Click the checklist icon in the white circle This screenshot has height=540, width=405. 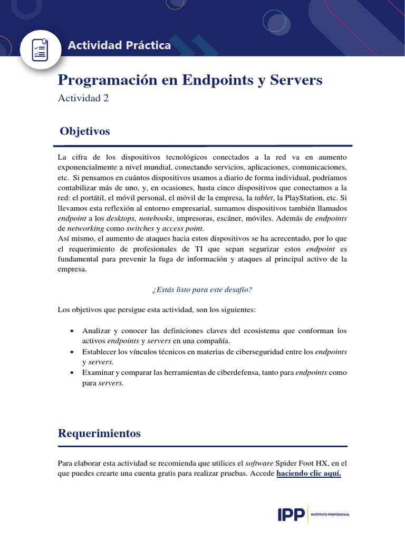(x=41, y=49)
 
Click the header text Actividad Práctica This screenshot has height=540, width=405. (x=119, y=45)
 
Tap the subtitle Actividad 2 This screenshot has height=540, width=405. (x=83, y=98)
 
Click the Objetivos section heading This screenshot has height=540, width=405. (x=85, y=131)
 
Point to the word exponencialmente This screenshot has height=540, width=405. (x=87, y=167)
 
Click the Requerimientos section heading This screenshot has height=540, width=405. (x=99, y=433)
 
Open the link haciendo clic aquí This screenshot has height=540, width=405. (x=308, y=473)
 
